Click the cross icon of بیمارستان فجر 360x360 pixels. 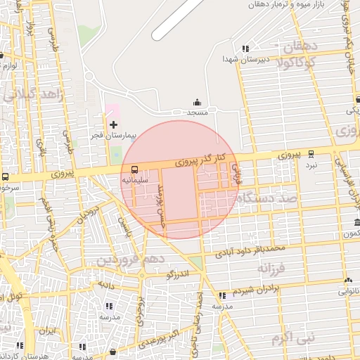click(113, 124)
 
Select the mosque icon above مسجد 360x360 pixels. click(196, 103)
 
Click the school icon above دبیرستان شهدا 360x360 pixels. click(245, 49)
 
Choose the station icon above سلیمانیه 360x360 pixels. click(133, 169)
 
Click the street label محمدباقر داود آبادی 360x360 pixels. click(251, 248)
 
